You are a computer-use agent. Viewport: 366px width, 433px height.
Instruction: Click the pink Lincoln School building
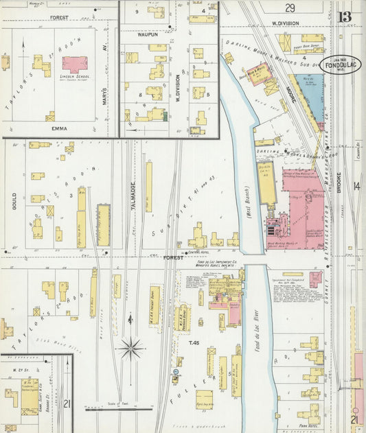point(75,65)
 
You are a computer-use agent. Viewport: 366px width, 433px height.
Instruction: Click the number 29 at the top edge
point(291,8)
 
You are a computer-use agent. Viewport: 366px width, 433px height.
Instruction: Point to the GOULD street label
point(14,200)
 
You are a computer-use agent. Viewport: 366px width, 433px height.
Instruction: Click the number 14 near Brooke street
point(356,185)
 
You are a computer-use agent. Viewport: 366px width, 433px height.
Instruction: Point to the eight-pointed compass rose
point(130,348)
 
